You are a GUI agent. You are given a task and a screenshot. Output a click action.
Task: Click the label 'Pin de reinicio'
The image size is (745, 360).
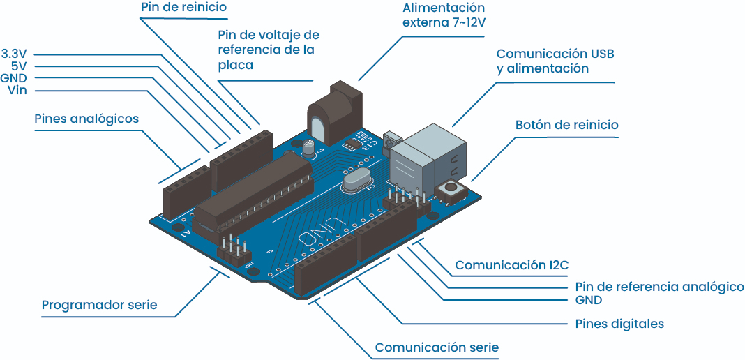point(183,8)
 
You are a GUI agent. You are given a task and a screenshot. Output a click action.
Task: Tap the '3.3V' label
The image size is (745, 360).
point(14,54)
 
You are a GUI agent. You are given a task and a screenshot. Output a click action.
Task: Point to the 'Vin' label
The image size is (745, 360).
point(17,90)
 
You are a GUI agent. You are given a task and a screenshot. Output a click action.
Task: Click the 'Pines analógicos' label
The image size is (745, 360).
point(86,119)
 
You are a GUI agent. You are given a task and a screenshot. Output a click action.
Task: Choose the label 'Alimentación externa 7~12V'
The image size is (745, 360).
point(444,15)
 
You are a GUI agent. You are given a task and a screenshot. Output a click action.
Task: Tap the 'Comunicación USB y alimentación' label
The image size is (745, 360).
point(555,61)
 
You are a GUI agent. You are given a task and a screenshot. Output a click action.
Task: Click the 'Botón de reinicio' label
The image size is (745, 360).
point(566,125)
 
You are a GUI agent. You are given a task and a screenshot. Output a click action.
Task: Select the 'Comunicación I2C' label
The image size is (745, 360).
point(512,265)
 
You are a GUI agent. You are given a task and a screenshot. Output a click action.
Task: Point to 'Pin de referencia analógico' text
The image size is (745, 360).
point(659,287)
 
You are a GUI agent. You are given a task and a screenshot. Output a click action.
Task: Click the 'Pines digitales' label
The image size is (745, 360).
point(619,324)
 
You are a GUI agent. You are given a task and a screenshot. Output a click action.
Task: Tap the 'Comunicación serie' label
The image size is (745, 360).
point(437,347)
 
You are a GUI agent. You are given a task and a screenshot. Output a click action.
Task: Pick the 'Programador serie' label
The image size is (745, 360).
point(100,305)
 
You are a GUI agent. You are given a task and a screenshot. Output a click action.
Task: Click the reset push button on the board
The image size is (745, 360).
point(450,189)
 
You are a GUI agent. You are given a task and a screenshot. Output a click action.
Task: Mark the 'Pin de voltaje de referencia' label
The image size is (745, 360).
point(268,49)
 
